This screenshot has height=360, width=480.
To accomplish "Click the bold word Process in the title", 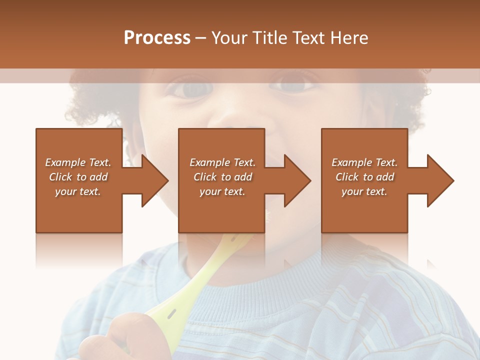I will coord(157,38).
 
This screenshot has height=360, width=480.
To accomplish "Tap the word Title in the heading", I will coord(267,38).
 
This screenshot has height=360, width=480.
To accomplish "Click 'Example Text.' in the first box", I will coord(78,162).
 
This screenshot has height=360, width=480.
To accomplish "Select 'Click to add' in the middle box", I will coord(222,177).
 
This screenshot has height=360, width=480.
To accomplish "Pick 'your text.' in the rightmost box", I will coord(364,191).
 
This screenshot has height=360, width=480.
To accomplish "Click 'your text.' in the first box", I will coord(78,191).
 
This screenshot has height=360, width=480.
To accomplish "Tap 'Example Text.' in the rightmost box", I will coord(364,162).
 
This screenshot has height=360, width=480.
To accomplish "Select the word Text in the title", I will coord(311,38).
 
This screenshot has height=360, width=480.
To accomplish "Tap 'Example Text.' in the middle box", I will coord(222,162).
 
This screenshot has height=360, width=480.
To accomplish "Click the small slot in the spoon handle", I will coord(171,313).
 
